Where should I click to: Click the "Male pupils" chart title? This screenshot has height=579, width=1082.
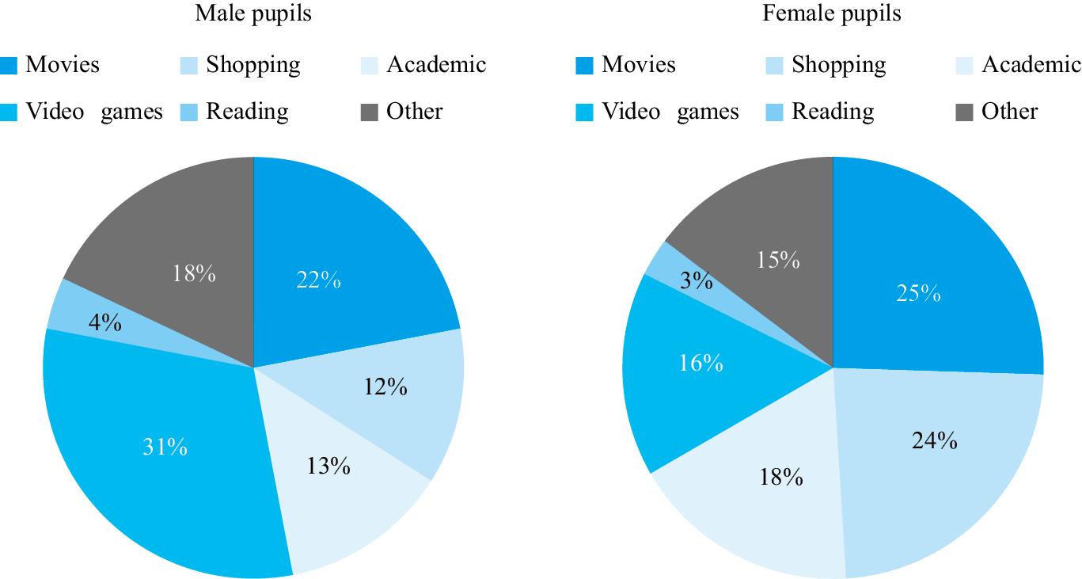[x=252, y=13]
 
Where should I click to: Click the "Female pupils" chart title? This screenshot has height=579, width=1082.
[x=831, y=13]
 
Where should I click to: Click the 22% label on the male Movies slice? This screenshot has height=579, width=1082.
[x=320, y=280]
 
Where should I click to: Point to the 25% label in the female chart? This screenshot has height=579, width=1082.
[x=919, y=294]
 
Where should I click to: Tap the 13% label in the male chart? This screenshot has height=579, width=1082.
[x=328, y=466]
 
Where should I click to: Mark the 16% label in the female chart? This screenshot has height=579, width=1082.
[x=701, y=363]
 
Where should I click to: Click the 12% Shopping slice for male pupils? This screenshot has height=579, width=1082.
[x=396, y=396]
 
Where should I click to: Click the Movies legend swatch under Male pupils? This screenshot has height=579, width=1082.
[x=9, y=66]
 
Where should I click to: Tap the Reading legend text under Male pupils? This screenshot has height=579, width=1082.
[x=247, y=112]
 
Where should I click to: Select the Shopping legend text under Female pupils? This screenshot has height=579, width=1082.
[x=838, y=65]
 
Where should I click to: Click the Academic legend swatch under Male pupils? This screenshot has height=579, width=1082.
[x=370, y=66]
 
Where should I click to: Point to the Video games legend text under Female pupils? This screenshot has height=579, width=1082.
[x=670, y=112]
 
